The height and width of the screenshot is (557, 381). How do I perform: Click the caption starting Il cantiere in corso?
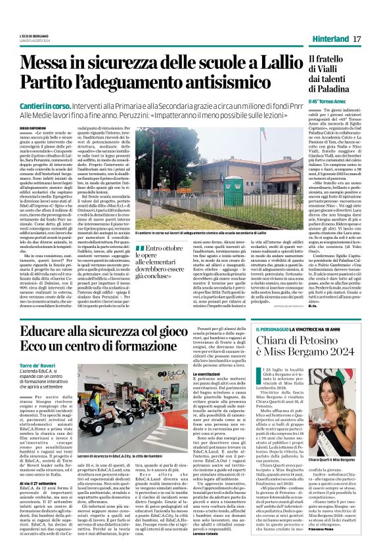(x=197, y=234)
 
